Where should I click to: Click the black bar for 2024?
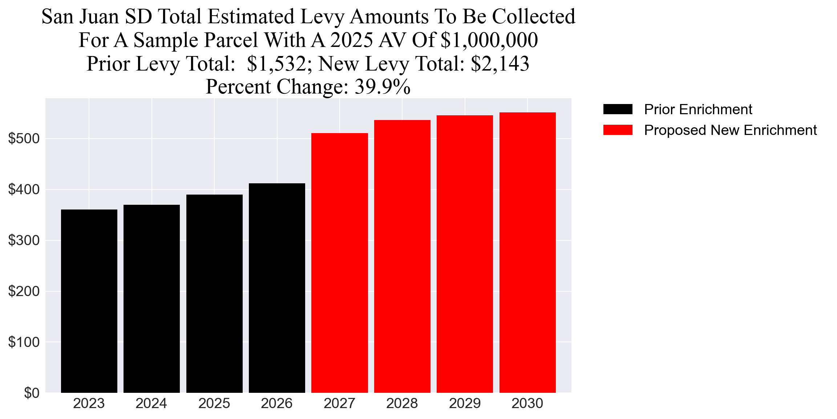151,299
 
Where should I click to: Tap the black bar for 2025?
214,294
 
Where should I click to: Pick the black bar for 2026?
277,288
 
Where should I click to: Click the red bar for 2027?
340,263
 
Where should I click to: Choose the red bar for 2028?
402,256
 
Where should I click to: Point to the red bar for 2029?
465,254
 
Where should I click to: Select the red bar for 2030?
527,253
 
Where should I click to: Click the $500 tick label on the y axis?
24,139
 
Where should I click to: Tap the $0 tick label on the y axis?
32,393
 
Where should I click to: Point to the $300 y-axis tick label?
24,240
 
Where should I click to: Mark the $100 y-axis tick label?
24,342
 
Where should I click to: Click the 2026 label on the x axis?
277,403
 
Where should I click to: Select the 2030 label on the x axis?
527,403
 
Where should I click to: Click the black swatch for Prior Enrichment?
618,109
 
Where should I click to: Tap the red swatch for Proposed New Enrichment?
618,130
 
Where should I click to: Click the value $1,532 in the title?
276,64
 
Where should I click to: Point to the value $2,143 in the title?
500,64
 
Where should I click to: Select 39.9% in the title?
383,87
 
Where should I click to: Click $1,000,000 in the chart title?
489,40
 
